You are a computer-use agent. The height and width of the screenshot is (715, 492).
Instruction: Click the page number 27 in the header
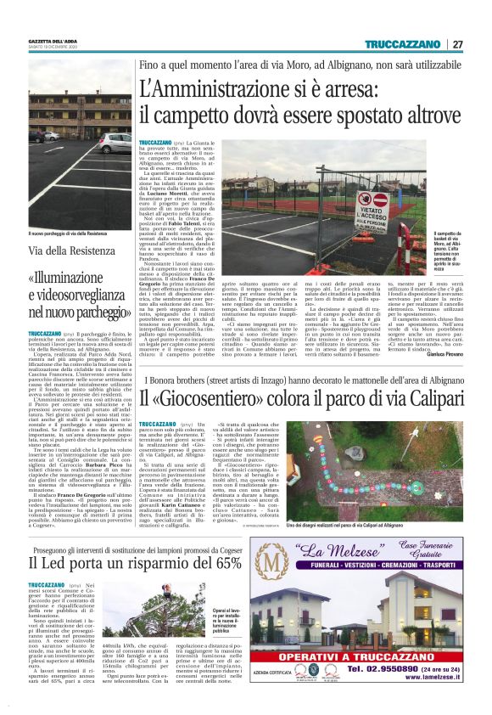pyautogui.click(x=458, y=44)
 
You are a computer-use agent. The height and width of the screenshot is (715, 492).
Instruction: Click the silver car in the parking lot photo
pyautogui.click(x=49, y=136)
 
